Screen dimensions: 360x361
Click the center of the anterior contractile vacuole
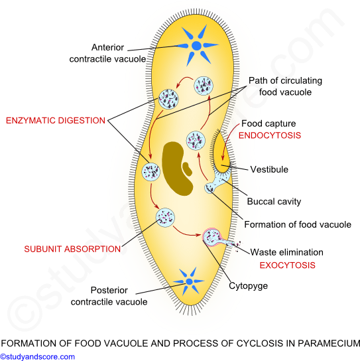coord(196,46)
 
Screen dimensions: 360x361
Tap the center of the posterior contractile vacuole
coord(189,281)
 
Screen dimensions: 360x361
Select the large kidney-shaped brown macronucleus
coord(176,169)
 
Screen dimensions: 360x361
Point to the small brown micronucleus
coord(187,169)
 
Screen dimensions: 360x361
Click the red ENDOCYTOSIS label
coord(270,135)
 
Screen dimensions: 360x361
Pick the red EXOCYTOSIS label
coord(287,265)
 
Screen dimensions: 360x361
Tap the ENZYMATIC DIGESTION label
coord(56,120)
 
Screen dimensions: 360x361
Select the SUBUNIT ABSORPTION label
coord(72,249)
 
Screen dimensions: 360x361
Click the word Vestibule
coord(269,169)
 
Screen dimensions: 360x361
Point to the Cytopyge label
coord(248,286)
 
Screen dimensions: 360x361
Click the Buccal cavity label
coord(274,202)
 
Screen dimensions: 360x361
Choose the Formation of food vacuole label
coord(298,224)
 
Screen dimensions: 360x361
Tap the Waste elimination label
coord(286,252)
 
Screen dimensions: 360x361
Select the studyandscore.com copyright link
coord(38,356)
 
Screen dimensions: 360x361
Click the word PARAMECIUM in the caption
coord(329,343)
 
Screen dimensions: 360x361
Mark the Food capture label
coord(269,123)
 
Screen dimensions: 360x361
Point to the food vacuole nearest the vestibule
coord(196,141)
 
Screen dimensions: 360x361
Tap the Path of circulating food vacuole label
coord(285,86)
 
